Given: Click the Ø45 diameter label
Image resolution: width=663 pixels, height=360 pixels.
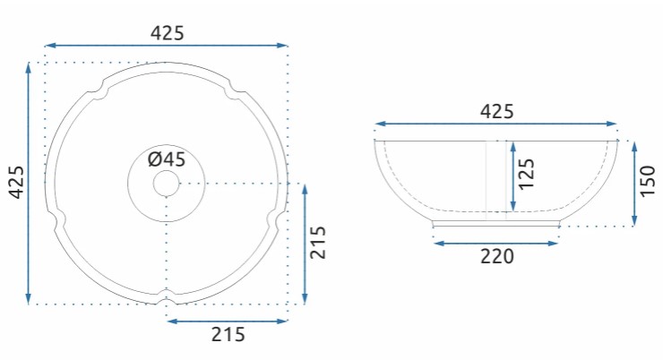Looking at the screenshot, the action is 167,159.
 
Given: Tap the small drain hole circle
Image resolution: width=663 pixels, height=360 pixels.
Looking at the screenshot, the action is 166,184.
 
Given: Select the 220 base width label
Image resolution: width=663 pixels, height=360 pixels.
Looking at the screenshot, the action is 497,256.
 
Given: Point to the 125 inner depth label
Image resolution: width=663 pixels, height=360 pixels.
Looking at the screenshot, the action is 527,174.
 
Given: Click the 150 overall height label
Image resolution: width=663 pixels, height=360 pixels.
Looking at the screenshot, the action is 648,181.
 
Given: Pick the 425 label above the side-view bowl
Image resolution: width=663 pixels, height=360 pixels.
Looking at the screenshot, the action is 497,112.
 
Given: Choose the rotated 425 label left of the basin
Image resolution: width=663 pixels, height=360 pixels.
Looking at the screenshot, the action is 17,182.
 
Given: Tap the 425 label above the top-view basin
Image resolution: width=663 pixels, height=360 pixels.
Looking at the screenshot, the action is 168,33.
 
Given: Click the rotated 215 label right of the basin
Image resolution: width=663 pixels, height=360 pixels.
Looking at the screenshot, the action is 318,242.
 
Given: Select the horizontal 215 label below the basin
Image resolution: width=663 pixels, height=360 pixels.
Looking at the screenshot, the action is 228,335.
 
